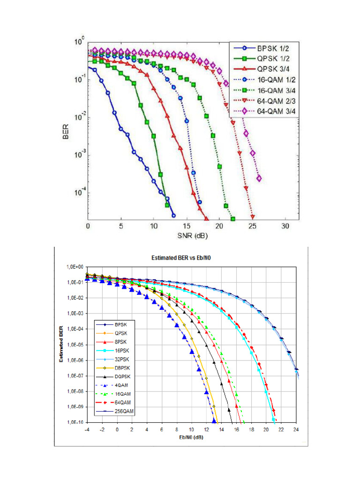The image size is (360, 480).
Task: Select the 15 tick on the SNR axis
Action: [187, 226]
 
